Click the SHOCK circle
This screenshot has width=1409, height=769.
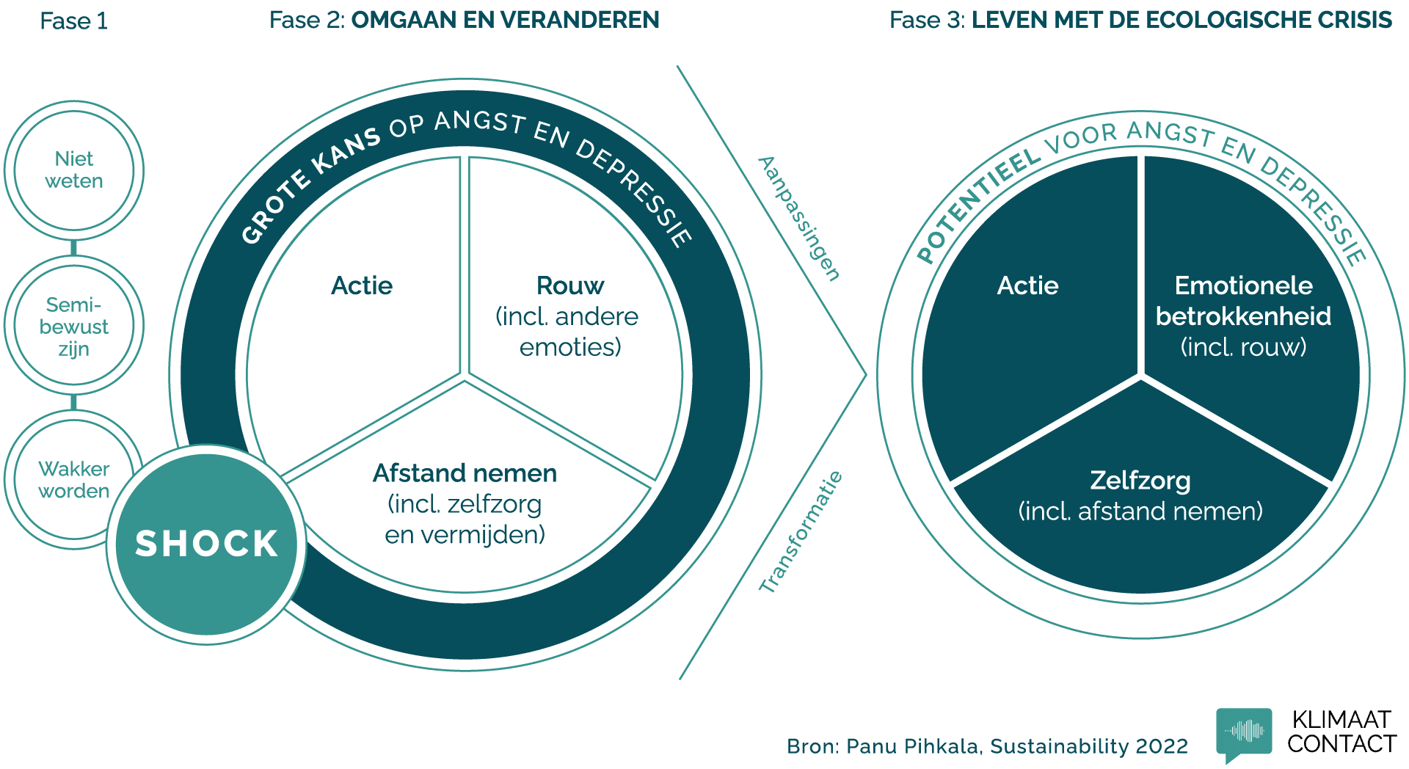tap(206, 544)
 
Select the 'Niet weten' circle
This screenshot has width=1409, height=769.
tap(73, 170)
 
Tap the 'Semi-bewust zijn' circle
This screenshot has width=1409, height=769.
tap(73, 326)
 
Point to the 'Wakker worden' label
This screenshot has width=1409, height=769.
tap(73, 480)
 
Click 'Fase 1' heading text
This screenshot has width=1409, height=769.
tap(73, 21)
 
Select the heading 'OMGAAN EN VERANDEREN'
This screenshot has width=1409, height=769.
tap(505, 20)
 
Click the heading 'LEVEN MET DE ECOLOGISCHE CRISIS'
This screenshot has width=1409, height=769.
tap(1181, 20)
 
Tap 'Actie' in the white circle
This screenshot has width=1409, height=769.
tap(362, 285)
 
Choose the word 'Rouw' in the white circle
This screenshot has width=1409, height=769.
tap(570, 285)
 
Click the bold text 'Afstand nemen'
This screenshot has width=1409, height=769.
tap(465, 473)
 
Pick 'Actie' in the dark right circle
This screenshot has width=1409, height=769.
tap(1027, 285)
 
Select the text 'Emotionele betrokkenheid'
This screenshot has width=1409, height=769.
tap(1243, 301)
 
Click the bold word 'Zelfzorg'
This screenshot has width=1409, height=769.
tap(1140, 481)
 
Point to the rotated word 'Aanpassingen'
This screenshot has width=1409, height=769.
tap(799, 218)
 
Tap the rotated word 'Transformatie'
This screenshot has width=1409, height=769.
tap(801, 532)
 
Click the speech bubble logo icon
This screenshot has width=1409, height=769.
tap(1244, 732)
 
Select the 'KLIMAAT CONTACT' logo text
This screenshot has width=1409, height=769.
tap(1341, 732)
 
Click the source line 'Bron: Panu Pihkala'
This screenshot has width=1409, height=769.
tap(987, 746)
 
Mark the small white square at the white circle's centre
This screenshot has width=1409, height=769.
tap(465, 375)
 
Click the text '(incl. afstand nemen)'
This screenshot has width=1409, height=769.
tap(1140, 511)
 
